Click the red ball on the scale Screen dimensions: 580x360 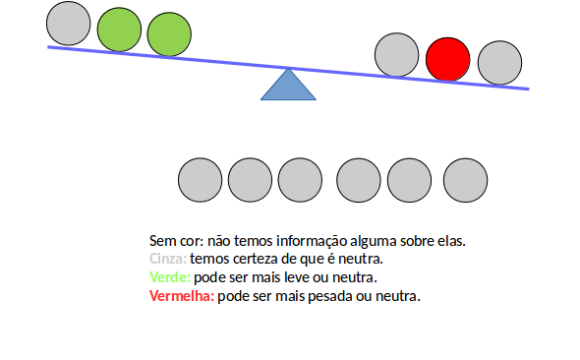[x=447, y=59]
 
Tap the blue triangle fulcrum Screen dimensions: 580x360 [x=288, y=86]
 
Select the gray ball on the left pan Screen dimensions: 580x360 [x=69, y=24]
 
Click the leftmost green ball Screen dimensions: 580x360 [x=119, y=30]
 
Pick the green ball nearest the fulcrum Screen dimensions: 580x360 [x=169, y=34]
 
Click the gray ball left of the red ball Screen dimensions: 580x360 [x=397, y=55]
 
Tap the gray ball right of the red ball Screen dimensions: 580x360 [x=499, y=63]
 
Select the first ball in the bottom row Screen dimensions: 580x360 [x=201, y=180]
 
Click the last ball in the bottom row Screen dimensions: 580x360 [x=466, y=180]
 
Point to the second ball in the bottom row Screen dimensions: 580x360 [x=251, y=180]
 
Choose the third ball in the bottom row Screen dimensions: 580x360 [x=300, y=180]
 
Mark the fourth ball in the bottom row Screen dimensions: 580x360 [x=359, y=180]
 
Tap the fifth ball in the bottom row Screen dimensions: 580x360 [x=409, y=180]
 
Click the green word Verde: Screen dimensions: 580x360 [x=169, y=277]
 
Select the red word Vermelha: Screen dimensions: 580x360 [x=181, y=296]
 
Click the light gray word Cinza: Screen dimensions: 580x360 [x=167, y=259]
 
